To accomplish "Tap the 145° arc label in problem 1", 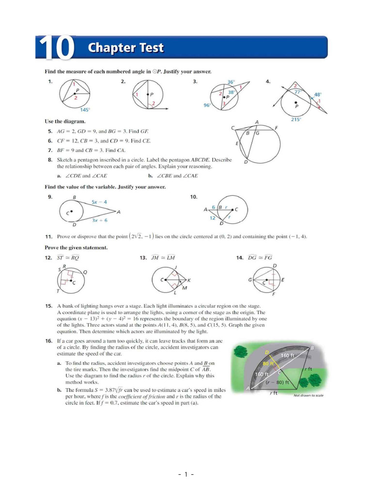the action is tap(85, 110).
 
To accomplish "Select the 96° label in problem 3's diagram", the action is tap(207, 105).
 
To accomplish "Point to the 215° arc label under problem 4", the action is tap(296, 119).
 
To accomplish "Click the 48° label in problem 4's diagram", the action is tap(318, 94).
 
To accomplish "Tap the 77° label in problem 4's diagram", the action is tap(298, 92).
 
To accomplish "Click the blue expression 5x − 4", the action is tap(99, 202).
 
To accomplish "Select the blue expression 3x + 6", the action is tap(100, 220).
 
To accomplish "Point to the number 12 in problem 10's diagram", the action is tap(213, 218).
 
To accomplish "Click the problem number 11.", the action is tap(48, 236).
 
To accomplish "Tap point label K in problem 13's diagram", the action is tap(189, 280).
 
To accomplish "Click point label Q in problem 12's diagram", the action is tap(85, 272).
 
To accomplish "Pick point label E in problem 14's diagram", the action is tap(283, 280).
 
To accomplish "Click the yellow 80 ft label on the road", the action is tap(268, 364).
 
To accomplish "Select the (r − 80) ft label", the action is tap(278, 382).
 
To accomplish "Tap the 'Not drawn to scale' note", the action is tap(309, 395).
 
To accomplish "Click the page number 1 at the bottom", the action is tap(186, 474).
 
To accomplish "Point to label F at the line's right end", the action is tap(276, 128).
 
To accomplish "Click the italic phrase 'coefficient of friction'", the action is tap(142, 396).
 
